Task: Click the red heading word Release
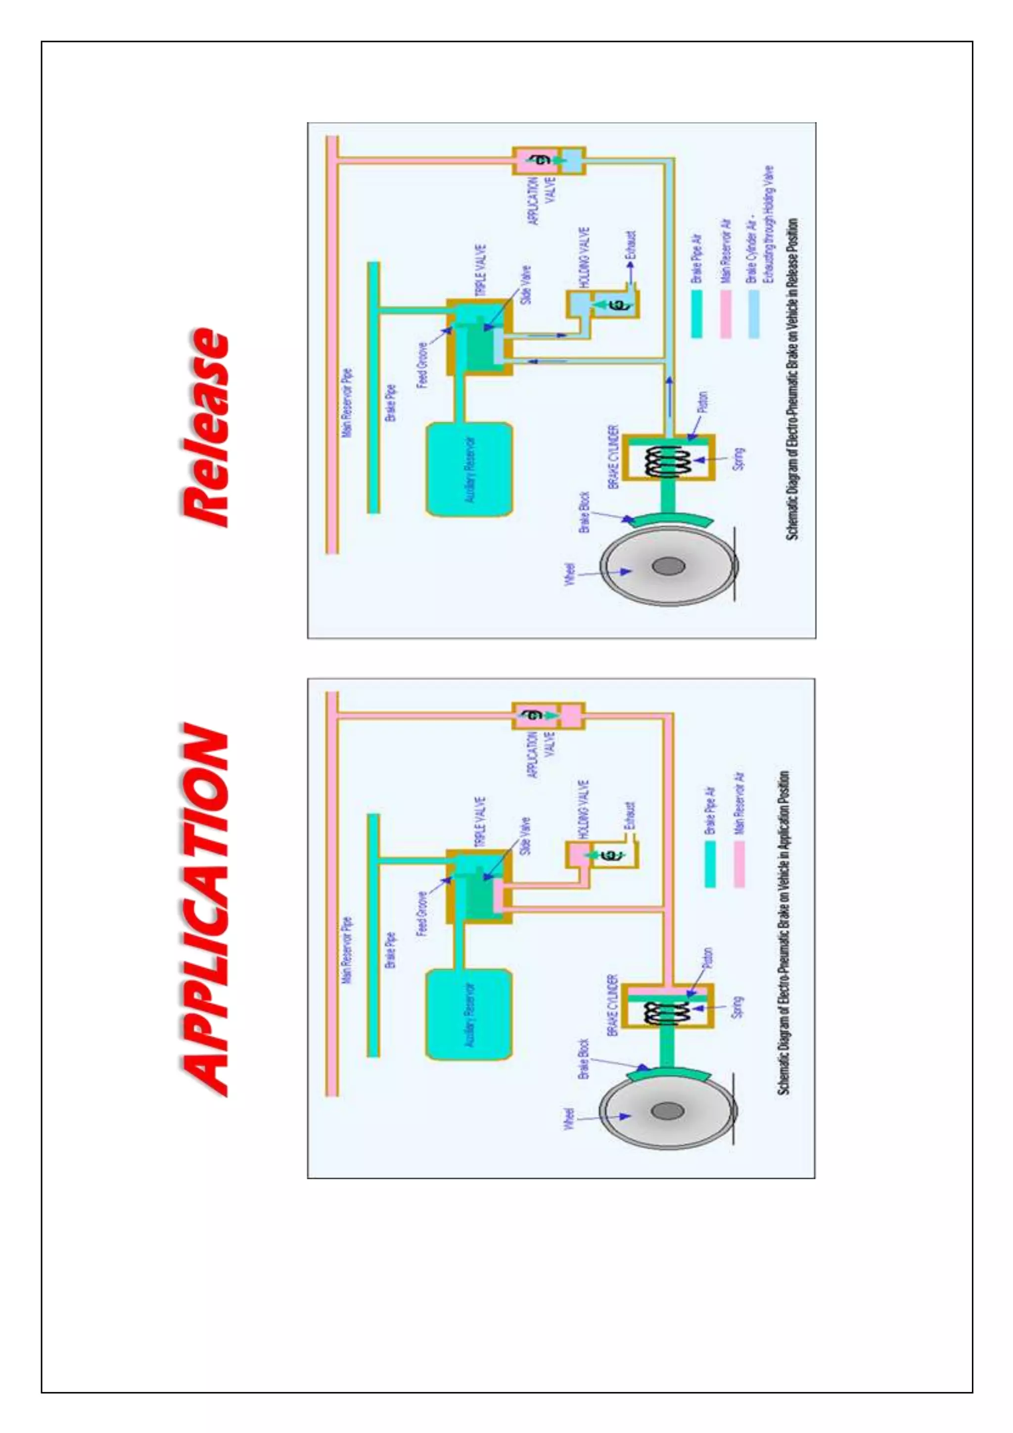(x=205, y=427)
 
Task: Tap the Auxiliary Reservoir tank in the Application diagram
(x=469, y=1014)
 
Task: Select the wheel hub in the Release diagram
(x=668, y=566)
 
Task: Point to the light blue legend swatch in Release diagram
(x=753, y=314)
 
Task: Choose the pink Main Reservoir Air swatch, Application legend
(x=739, y=864)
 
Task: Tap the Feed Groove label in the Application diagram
(x=422, y=914)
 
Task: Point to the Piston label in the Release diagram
(x=702, y=403)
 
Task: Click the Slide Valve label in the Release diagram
(x=525, y=285)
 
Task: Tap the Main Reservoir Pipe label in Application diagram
(x=347, y=951)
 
